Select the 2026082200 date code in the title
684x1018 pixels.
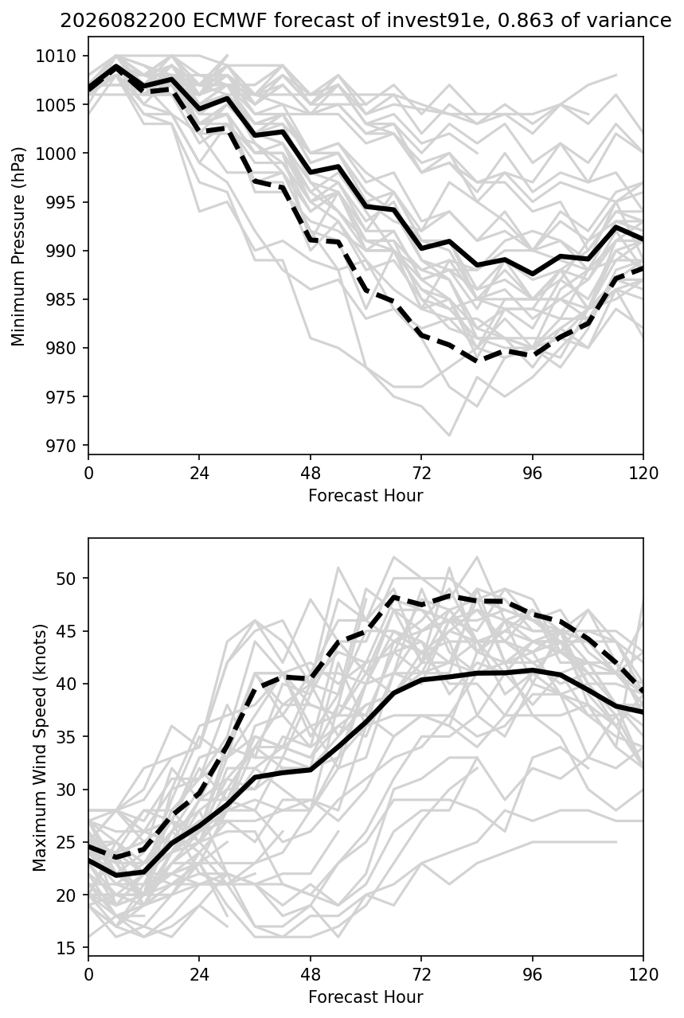(x=123, y=21)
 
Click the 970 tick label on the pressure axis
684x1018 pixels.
(x=60, y=446)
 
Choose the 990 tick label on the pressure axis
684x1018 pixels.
(x=60, y=251)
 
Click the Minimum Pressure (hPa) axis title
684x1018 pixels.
(x=18, y=246)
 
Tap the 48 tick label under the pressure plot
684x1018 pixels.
(x=311, y=474)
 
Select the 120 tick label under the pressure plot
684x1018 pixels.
(x=643, y=474)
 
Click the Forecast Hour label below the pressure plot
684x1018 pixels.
(x=365, y=495)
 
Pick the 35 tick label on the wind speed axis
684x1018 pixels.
(x=65, y=737)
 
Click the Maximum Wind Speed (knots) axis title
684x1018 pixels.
(x=40, y=748)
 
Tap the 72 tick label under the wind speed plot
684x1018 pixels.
(x=421, y=975)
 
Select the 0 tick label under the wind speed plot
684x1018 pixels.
(x=88, y=975)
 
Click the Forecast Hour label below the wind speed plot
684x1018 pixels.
(x=365, y=997)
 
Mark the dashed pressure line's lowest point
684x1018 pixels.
(x=477, y=361)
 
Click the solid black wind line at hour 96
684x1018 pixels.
(x=532, y=670)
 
